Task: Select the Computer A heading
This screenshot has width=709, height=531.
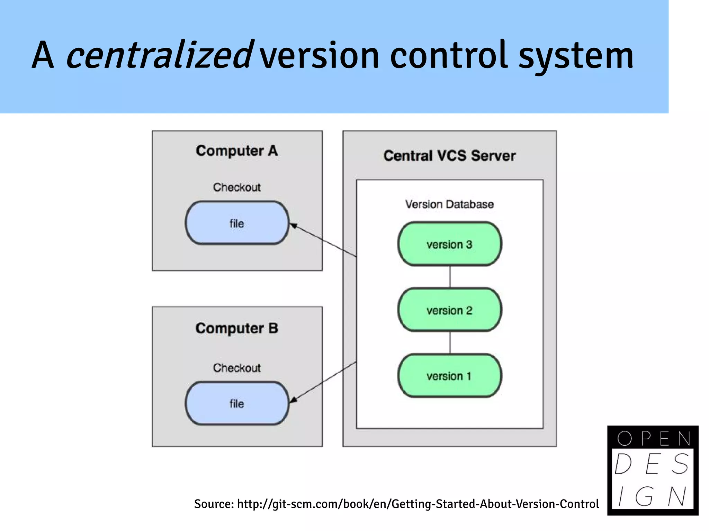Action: [237, 151]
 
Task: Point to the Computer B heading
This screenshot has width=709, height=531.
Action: [237, 328]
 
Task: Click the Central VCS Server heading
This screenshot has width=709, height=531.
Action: [449, 156]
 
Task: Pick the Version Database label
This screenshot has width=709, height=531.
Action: [449, 204]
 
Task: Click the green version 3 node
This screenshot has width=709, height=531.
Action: [449, 244]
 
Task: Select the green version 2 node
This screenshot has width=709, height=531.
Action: [449, 310]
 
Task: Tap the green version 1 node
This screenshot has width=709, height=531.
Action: [449, 376]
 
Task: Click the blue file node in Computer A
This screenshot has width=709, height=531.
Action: [237, 223]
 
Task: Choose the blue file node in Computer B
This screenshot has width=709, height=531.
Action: [237, 403]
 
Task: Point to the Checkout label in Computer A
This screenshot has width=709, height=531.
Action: [237, 187]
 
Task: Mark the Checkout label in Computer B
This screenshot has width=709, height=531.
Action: [237, 368]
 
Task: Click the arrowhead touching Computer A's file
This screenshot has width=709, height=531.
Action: [293, 226]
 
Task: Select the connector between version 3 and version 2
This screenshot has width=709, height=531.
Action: [450, 277]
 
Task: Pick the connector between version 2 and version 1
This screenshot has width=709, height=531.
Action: [450, 342]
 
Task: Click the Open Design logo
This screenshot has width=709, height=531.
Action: [653, 470]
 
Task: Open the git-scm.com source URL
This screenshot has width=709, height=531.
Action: [418, 504]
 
